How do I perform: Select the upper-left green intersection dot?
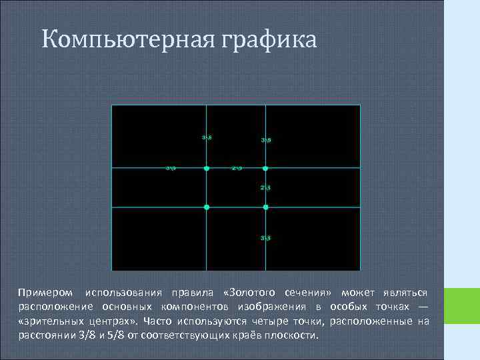coord(207,169)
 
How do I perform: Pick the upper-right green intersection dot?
coord(266,169)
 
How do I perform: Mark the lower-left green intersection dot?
coord(207,207)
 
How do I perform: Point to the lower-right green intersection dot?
coord(266,207)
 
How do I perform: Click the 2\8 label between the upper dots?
coord(237,168)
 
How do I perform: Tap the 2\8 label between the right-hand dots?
coord(265,187)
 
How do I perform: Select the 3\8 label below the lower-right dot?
coord(265,238)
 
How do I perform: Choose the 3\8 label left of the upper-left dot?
coord(171,168)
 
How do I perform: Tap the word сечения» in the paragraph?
coord(307,293)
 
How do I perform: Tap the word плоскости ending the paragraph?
coord(294,335)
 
